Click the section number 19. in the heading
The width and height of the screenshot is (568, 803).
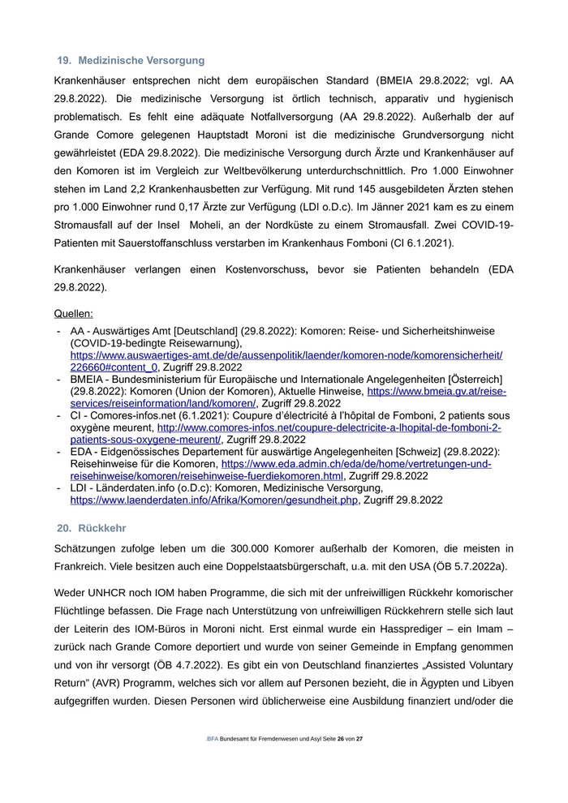[64, 60]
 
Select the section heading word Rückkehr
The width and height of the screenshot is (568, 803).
[101, 528]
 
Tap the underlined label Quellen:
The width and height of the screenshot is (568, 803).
[74, 313]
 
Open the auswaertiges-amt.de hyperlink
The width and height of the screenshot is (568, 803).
[286, 355]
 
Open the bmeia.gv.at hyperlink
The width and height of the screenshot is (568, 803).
[437, 392]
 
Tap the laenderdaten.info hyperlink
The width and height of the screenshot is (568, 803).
[213, 500]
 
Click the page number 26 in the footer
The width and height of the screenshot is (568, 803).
[341, 740]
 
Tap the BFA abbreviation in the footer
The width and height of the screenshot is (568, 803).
[213, 740]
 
